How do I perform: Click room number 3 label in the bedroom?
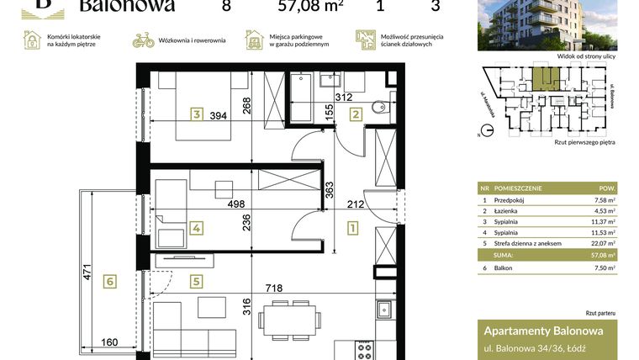[x=196, y=114]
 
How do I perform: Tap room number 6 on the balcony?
[x=108, y=282]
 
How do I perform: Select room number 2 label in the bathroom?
[x=356, y=115]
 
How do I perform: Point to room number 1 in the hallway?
[x=352, y=227]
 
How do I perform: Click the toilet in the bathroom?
[x=380, y=107]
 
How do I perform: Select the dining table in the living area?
[x=288, y=319]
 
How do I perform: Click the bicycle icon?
[x=144, y=40]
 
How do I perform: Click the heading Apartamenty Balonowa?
[x=539, y=331]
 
